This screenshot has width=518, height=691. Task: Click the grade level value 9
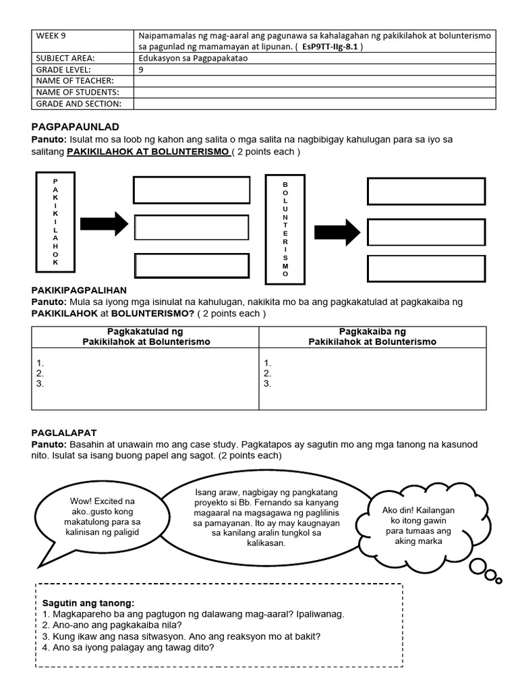141,70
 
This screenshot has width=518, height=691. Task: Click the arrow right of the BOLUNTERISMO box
337,232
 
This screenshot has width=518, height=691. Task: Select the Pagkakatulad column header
146,337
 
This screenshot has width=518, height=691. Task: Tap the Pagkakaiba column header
372,337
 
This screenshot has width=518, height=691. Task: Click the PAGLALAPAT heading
64,431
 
